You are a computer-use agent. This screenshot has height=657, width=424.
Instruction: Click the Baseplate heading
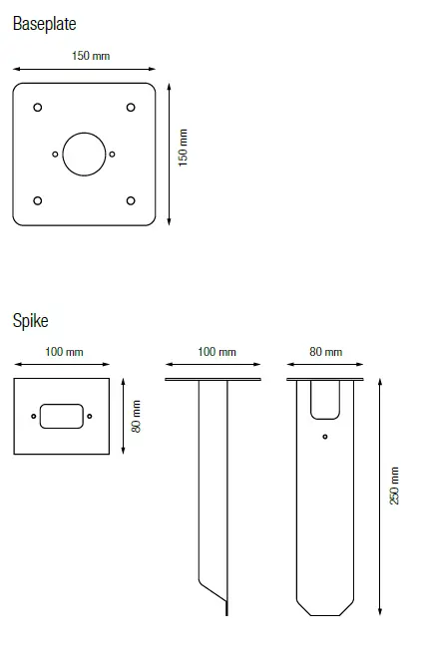pyautogui.click(x=44, y=23)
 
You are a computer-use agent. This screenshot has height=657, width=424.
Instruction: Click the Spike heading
pyautogui.click(x=30, y=321)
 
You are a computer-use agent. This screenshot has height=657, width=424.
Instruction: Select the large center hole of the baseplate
pyautogui.click(x=84, y=154)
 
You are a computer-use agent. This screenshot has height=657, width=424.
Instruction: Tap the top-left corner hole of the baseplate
pyautogui.click(x=37, y=108)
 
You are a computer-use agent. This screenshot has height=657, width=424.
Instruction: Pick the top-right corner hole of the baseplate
pyautogui.click(x=131, y=108)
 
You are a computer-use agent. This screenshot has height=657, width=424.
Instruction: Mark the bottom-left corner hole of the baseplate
pyautogui.click(x=37, y=200)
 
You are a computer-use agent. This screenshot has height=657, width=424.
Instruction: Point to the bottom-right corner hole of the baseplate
pyautogui.click(x=131, y=200)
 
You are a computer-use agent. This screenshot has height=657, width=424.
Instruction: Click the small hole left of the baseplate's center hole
pyautogui.click(x=55, y=154)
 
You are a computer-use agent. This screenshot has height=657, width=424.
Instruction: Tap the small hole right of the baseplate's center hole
pyautogui.click(x=113, y=154)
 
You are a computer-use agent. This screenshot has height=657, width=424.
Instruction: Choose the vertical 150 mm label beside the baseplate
pyautogui.click(x=183, y=149)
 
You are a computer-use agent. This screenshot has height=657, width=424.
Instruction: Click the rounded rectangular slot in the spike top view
pyautogui.click(x=62, y=416)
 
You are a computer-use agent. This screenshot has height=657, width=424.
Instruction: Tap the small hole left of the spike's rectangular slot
pyautogui.click(x=34, y=416)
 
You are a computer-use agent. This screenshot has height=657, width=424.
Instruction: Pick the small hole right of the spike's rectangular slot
pyautogui.click(x=90, y=416)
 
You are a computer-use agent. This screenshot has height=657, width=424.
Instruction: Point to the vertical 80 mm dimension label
pyautogui.click(x=137, y=416)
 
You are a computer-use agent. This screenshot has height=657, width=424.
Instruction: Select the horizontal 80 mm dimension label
pyautogui.click(x=325, y=352)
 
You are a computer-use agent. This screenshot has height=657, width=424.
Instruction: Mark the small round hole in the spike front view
pyautogui.click(x=325, y=437)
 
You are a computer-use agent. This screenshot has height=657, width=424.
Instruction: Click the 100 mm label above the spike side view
pyautogui.click(x=216, y=352)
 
